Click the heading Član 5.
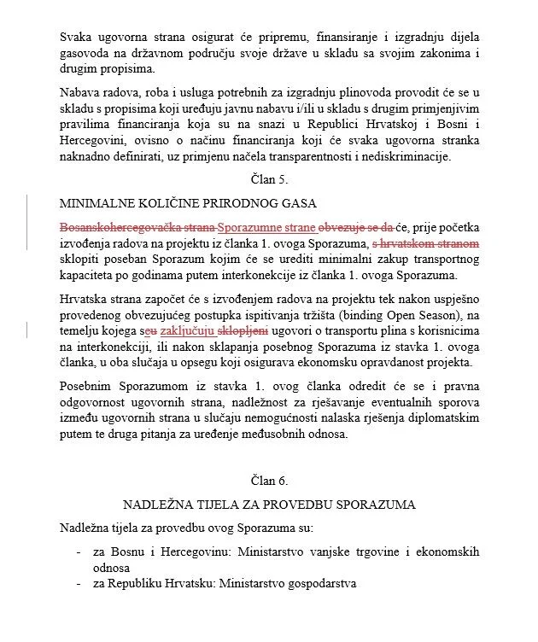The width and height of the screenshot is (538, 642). tap(269, 179)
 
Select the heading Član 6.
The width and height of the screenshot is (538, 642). tap(269, 481)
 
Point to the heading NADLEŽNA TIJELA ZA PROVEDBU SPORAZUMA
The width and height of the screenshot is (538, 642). tap(269, 505)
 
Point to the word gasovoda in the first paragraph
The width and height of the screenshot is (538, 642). tap(88, 53)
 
